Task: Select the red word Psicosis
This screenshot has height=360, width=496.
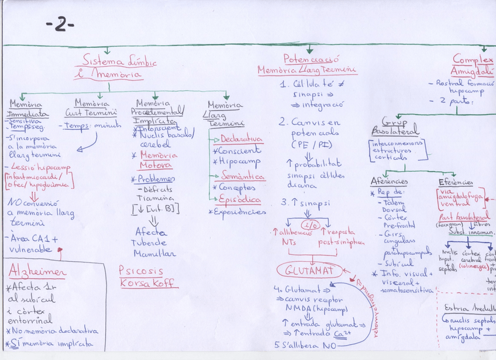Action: coord(141,271)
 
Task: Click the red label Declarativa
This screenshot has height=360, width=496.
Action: coord(241,139)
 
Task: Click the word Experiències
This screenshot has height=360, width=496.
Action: coord(240,212)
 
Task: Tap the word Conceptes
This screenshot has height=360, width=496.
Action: coord(237,188)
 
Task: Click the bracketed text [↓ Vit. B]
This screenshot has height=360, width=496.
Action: coord(156,209)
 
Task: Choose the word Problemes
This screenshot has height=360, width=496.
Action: coord(156,178)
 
